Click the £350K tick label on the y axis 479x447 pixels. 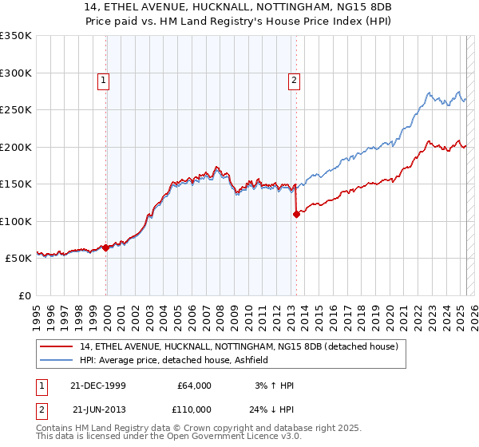click(16, 36)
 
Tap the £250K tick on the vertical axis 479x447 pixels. click(16, 110)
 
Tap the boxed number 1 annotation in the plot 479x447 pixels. click(105, 79)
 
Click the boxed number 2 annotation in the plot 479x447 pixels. click(295, 79)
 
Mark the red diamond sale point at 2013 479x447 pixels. click(296, 214)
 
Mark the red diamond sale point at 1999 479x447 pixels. click(106, 247)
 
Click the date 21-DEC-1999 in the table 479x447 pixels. click(98, 386)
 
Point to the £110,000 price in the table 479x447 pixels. click(194, 409)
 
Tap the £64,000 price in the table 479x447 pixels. click(194, 386)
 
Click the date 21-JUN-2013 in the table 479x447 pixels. click(98, 409)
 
